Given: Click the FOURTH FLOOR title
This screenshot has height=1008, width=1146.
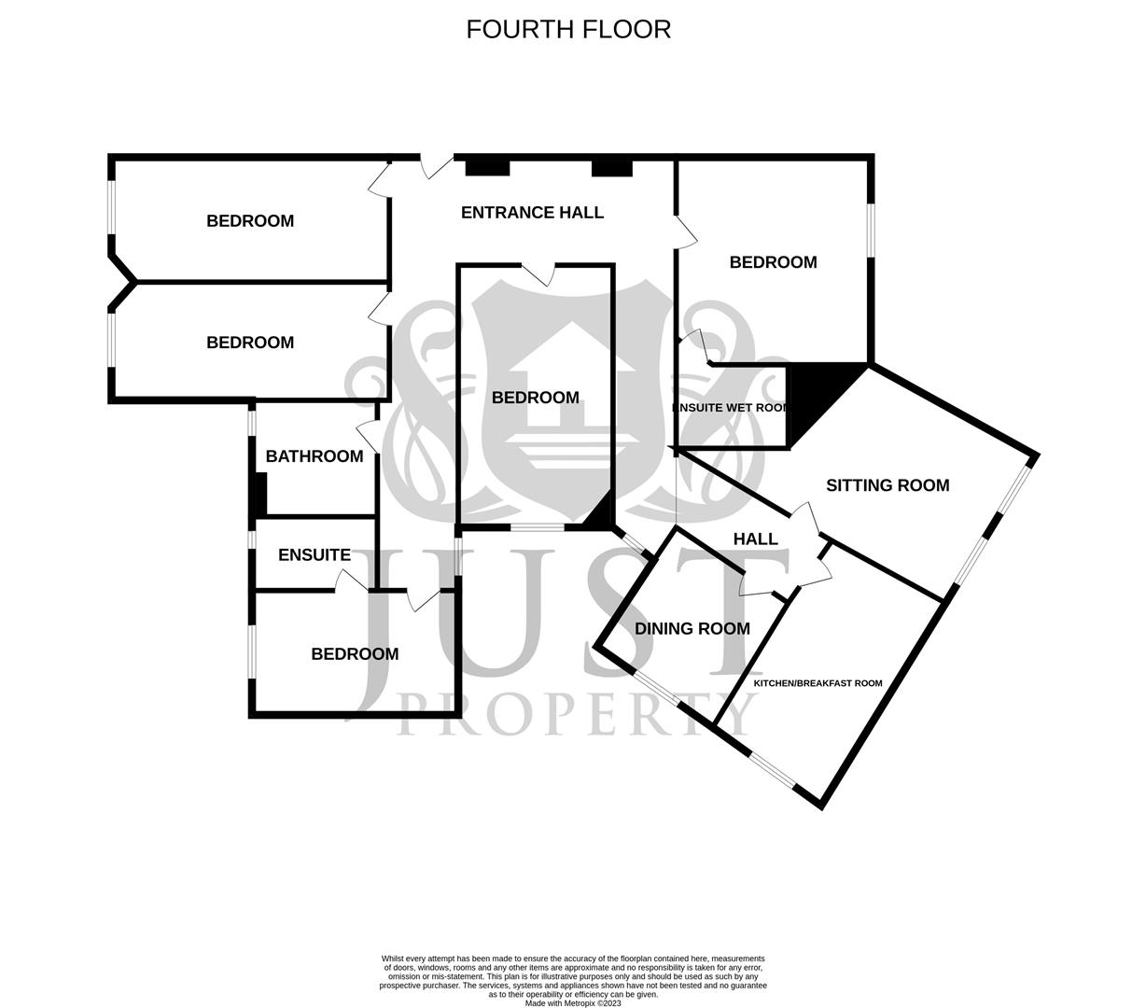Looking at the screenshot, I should coord(568,29).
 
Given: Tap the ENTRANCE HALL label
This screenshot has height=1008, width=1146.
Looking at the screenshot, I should coord(532,213).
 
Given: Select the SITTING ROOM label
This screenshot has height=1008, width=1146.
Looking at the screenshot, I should coord(887,485).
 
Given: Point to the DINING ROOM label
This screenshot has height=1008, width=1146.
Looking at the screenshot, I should coord(692,629).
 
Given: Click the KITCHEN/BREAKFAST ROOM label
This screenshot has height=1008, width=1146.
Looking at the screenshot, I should coord(818,683).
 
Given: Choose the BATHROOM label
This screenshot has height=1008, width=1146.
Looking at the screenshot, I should coord(314,456).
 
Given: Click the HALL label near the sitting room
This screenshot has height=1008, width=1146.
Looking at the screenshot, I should coord(755,539).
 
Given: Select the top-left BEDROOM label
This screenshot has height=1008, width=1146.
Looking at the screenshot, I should coord(250,221).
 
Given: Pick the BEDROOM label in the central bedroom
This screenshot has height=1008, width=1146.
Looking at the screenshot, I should coord(535,398).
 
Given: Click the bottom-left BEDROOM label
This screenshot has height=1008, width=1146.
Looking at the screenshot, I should coord(355,654).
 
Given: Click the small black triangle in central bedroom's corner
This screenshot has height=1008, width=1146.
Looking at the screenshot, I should coord(600,513).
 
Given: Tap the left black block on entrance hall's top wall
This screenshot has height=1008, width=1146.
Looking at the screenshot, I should coord(487,167).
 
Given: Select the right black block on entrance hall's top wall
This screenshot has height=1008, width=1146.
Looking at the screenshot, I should coord(612,167).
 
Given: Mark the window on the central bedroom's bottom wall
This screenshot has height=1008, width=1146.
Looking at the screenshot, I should coord(537,527).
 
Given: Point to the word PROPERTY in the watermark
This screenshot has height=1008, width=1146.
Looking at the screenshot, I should coord(578,714).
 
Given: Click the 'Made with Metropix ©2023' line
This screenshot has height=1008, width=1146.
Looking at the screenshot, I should coord(573,1003).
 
